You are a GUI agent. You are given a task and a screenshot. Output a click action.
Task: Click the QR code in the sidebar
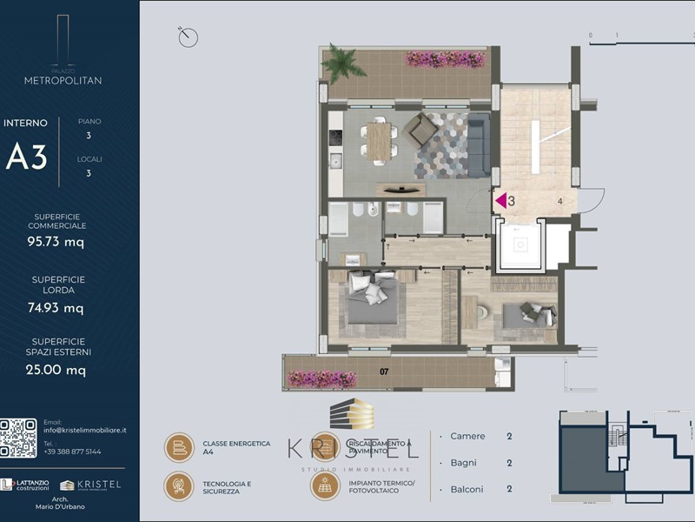18,438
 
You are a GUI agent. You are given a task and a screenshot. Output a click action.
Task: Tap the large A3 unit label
27,157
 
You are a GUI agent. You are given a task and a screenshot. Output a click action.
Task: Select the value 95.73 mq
56,243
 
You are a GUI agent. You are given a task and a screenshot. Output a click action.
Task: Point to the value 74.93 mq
56,308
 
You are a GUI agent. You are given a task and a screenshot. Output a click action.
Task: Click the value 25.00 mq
56,370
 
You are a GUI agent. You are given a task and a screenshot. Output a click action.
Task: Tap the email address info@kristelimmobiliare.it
85,430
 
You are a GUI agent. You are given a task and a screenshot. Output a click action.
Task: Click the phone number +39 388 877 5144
72,452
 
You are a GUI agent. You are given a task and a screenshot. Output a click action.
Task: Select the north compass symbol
188,37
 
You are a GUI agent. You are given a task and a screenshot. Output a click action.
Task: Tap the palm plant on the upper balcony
340,62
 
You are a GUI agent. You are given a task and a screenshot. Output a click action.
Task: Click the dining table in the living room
379,142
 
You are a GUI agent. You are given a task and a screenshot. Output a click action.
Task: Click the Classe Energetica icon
179,447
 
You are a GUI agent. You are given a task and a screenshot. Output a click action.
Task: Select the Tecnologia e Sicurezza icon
179,485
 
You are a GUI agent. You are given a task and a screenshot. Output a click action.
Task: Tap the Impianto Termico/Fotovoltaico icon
324,485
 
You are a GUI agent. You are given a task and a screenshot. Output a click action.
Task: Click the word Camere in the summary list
468,437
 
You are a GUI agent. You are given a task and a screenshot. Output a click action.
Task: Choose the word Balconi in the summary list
468,489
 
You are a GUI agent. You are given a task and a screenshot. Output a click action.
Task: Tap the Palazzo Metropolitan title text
63,79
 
